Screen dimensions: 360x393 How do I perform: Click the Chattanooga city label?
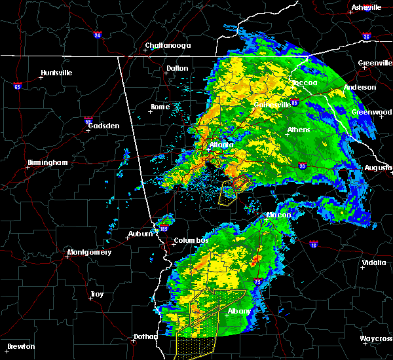(168, 45)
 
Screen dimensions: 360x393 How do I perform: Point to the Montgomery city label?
(90, 253)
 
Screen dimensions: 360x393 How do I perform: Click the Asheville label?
(366, 7)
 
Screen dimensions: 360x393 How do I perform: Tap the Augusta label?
(378, 168)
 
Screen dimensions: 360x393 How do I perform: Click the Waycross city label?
(376, 338)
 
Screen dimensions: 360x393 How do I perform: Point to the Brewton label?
(21, 346)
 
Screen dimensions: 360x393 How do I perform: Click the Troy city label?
(96, 295)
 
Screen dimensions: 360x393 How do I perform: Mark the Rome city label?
(160, 107)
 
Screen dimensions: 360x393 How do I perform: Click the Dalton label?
(177, 68)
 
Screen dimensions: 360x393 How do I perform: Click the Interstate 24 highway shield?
(97, 35)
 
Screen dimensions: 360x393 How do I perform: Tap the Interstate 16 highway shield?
(313, 245)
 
